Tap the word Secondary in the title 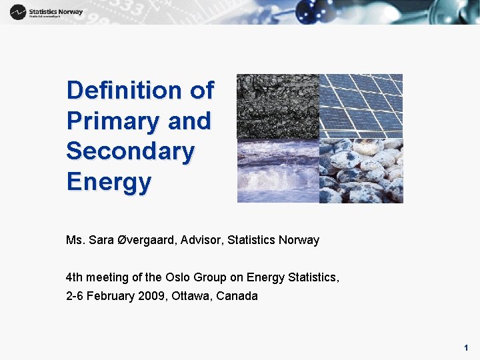point(130,151)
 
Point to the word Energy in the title point(109,181)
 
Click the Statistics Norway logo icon point(18,12)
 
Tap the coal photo point(277,105)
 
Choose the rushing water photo point(277,171)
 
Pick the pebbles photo point(361,171)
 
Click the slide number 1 point(466,347)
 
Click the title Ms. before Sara point(75,240)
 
